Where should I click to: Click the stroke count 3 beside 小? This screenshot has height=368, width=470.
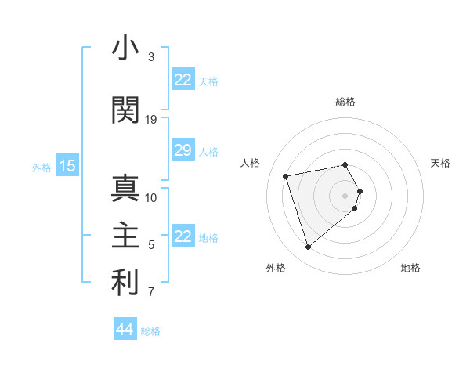tap(151, 57)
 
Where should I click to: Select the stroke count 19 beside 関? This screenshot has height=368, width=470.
tap(151, 120)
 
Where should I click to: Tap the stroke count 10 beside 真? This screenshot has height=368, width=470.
tap(151, 197)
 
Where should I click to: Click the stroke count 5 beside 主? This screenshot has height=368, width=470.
tap(151, 245)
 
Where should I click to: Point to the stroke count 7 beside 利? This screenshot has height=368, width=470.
tap(151, 293)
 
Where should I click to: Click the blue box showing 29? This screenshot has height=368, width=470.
tap(183, 150)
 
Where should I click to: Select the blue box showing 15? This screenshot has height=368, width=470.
tap(67, 166)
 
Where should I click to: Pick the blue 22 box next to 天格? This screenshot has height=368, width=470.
tap(183, 80)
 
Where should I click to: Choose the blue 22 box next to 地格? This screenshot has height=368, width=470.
tap(183, 236)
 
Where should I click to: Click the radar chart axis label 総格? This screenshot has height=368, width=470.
tap(345, 102)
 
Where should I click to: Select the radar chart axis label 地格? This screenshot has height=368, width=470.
tap(410, 268)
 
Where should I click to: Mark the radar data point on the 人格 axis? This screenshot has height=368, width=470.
tap(286, 175)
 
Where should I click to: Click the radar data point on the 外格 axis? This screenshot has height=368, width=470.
tap(309, 247)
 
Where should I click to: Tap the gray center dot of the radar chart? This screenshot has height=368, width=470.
tap(345, 195)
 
